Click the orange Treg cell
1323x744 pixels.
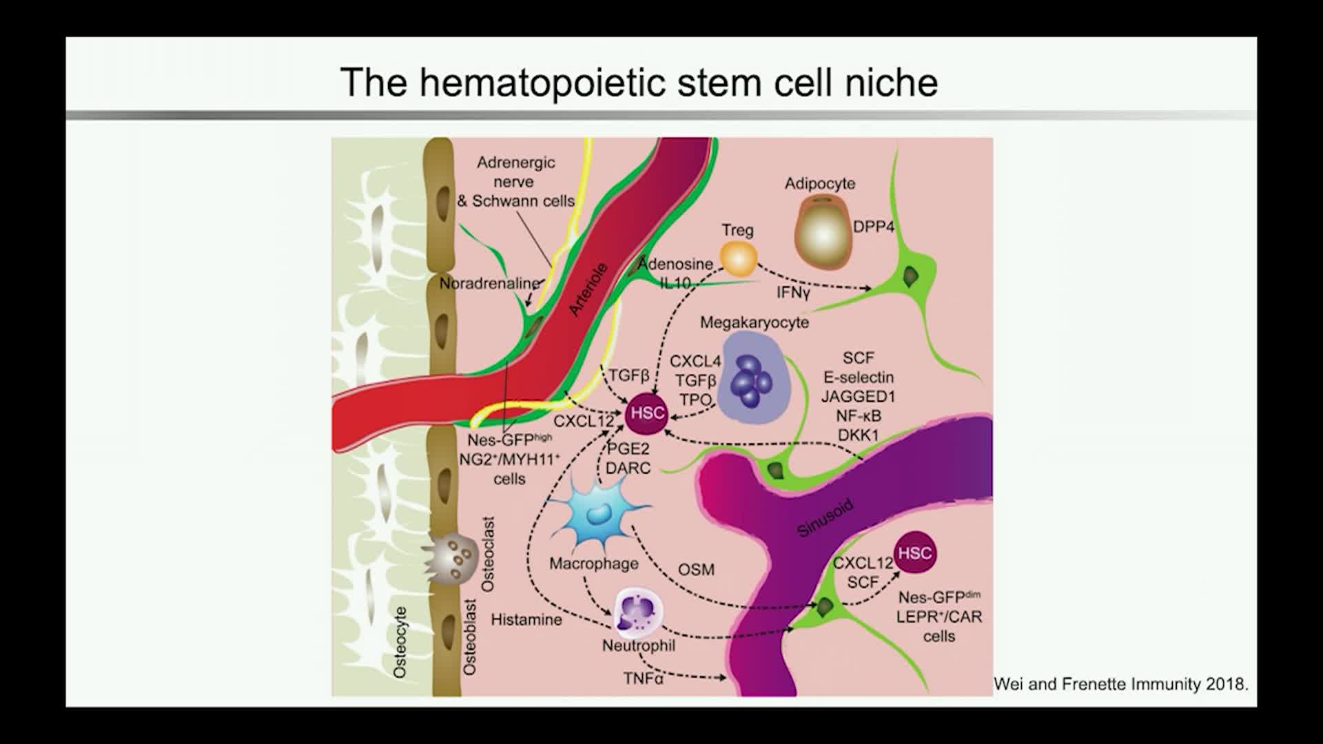738,258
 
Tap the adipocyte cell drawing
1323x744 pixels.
823,232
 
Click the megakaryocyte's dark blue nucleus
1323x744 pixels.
752,381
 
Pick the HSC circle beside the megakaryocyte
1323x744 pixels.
647,413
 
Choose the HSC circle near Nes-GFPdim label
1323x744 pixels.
915,553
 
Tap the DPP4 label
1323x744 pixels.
873,227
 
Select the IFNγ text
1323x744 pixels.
793,293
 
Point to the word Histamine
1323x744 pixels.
526,620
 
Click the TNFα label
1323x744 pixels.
644,679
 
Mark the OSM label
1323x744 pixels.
696,570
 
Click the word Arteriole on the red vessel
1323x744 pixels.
588,289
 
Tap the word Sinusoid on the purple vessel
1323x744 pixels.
825,518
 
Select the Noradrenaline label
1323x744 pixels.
490,283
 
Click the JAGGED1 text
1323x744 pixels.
858,396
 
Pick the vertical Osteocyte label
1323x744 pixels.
400,642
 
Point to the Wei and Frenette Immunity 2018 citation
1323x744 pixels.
1120,684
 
